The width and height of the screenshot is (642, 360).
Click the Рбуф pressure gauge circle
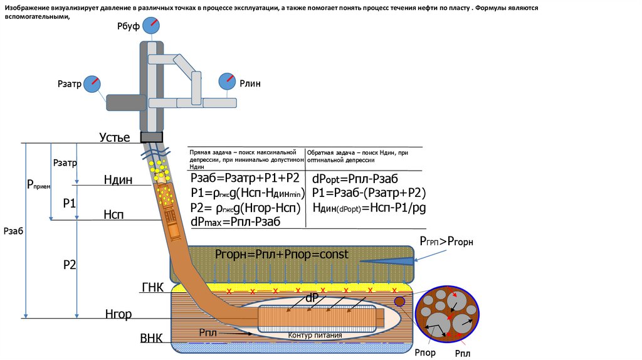click(150, 26)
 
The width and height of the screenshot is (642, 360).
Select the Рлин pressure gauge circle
click(226, 82)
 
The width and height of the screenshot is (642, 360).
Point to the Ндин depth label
click(118, 181)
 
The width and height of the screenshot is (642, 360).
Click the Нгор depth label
click(118, 314)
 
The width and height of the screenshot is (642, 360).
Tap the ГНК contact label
click(152, 288)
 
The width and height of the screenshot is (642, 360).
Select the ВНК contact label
click(151, 339)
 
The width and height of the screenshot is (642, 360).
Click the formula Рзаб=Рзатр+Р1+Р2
click(245, 179)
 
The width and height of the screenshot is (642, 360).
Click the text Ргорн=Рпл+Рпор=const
click(282, 254)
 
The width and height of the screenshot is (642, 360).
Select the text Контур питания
click(315, 336)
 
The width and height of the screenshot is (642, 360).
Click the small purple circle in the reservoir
click(399, 302)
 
